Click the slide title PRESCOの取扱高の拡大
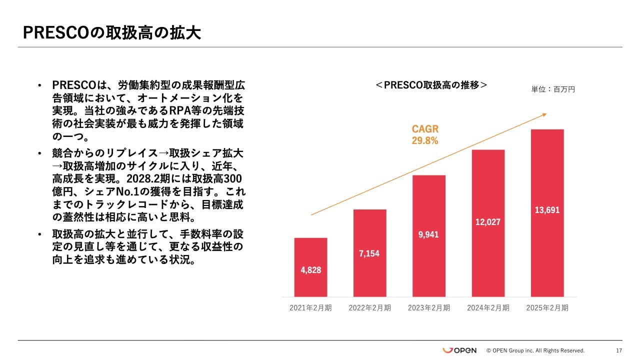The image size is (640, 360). pyautogui.click(x=112, y=33)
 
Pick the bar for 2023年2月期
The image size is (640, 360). pyautogui.click(x=428, y=210)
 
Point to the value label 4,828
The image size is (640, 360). pyautogui.click(x=310, y=270)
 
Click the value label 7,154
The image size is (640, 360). pyautogui.click(x=369, y=253)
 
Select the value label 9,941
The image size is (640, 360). pyautogui.click(x=428, y=234)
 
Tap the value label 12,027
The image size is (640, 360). pyautogui.click(x=488, y=222)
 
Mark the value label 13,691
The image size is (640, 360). pyautogui.click(x=547, y=210)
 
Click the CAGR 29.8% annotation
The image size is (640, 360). pyautogui.click(x=425, y=135)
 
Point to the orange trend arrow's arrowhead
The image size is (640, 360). pyautogui.click(x=544, y=114)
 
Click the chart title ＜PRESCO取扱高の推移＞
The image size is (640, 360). pyautogui.click(x=431, y=85)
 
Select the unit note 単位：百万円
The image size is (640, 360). pyautogui.click(x=553, y=89)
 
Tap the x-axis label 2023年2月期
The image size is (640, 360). pyautogui.click(x=428, y=308)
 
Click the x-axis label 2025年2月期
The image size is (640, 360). pyautogui.click(x=547, y=308)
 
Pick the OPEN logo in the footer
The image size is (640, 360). pyautogui.click(x=459, y=350)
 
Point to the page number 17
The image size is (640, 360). pyautogui.click(x=619, y=350)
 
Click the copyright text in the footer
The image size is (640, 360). pyautogui.click(x=535, y=350)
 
